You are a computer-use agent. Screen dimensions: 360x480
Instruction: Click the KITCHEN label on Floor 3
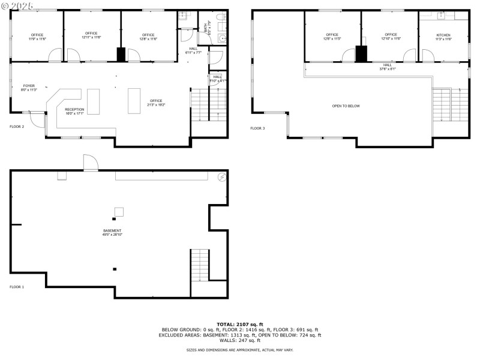tap(443, 35)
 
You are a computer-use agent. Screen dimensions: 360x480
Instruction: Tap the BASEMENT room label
tap(112, 231)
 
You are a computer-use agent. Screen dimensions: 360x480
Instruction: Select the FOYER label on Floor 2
tap(29, 86)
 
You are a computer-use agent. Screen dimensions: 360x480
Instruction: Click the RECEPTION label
tap(75, 109)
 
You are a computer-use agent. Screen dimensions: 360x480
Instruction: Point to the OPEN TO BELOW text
tap(346, 106)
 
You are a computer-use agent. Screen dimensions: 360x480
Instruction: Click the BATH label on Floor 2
tap(206, 27)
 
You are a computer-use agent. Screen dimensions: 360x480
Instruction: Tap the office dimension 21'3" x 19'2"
tap(156, 105)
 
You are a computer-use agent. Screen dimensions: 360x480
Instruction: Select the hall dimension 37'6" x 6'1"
tap(388, 69)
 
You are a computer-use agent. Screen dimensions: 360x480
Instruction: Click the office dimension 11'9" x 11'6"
tap(37, 38)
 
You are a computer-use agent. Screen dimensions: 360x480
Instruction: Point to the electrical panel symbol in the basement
tap(221, 177)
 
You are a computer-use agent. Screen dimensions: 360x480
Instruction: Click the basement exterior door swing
tap(90, 162)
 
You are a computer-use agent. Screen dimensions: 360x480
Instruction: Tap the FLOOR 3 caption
tap(257, 128)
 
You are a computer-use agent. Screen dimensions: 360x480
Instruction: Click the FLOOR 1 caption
tap(17, 287)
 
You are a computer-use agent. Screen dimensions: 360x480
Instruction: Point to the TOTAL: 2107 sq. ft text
tap(240, 324)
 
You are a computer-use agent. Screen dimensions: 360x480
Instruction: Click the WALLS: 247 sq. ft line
tap(240, 340)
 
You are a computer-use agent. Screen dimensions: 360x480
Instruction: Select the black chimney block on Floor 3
tap(361, 54)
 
